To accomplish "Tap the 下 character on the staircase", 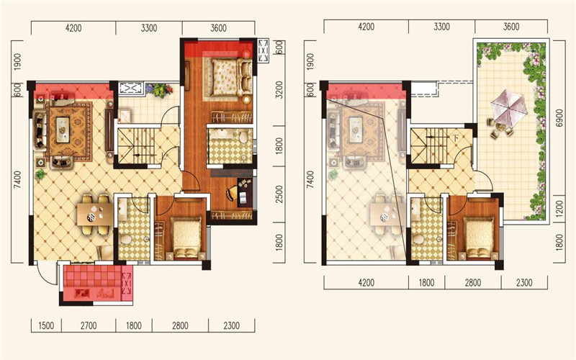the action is [456, 138].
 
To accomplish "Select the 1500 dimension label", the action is [46, 326].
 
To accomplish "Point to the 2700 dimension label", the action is [89, 326].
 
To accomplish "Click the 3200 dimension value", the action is [279, 89].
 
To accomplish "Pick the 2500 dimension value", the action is [279, 194].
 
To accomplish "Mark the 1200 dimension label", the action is [559, 208].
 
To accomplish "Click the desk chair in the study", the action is [231, 193].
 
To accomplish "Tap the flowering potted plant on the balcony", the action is [159, 89].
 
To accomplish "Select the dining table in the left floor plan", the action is [95, 214].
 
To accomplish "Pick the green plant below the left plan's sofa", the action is [40, 174].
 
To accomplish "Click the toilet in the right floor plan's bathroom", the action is [418, 240].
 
